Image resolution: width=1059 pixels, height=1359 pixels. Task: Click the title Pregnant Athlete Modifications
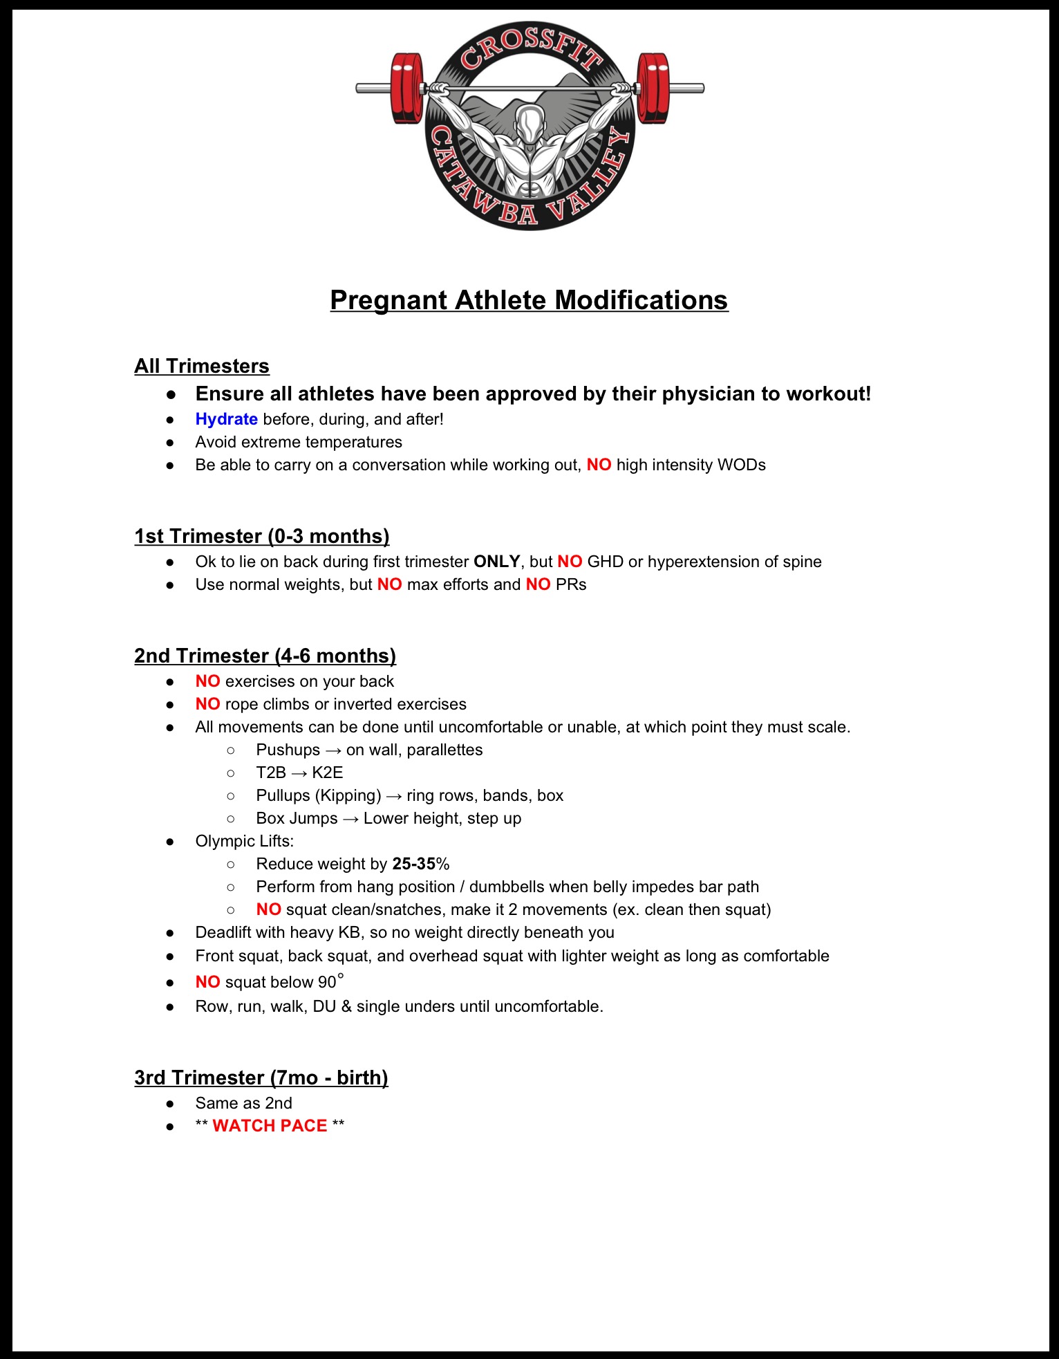coord(529,300)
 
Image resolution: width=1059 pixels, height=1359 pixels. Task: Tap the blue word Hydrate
coord(226,419)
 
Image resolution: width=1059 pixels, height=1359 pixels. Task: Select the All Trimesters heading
coord(202,366)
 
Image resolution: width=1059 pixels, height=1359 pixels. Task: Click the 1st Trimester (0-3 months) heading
coord(262,536)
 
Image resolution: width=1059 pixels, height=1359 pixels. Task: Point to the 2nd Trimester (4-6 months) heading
coord(265,656)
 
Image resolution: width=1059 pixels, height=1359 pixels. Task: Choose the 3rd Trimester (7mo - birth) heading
coord(261,1078)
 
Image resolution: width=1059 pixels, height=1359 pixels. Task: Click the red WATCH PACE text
coord(270,1126)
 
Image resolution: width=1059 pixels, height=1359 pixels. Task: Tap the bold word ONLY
coord(496,562)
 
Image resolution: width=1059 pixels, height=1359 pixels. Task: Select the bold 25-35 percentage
coord(413,864)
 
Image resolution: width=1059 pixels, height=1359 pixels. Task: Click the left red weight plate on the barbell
coord(406,88)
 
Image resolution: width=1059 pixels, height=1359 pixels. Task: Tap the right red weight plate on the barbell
coord(653,88)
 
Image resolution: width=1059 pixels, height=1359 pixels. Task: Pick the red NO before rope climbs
coord(207,704)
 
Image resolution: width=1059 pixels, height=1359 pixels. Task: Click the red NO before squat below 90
coord(207,982)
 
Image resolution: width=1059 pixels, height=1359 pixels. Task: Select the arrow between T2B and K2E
coord(299,773)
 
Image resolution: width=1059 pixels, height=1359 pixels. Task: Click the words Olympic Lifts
coord(244,841)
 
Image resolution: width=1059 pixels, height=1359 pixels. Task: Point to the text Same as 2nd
coord(243,1103)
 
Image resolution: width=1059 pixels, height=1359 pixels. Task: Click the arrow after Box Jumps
coord(350,819)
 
